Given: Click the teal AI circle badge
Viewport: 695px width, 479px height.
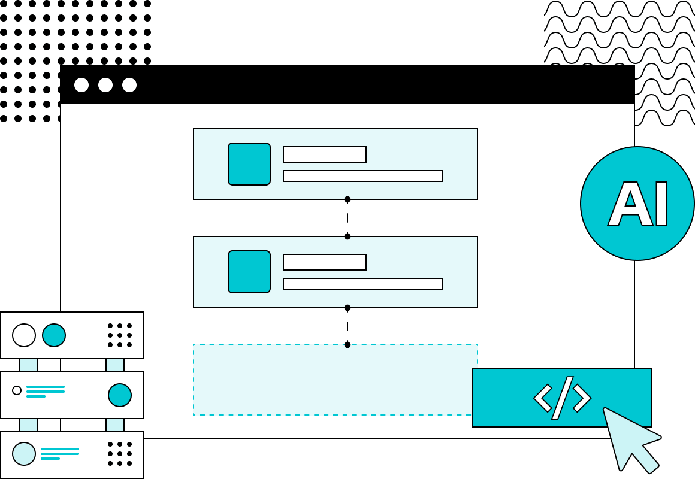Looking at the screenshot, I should pos(637,204).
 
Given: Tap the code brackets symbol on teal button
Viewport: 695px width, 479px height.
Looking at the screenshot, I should pos(562,398).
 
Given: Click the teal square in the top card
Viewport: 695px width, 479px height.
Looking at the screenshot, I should pos(249,164).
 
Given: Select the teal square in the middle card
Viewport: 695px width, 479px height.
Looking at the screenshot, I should pos(249,272).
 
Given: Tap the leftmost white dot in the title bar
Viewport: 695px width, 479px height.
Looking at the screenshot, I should pos(81,85).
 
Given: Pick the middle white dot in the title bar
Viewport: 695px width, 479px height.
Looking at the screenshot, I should pos(105,85).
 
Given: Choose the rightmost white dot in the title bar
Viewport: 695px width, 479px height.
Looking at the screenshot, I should pos(129,85).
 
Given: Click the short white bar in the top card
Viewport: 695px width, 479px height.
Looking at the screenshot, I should pos(325,154).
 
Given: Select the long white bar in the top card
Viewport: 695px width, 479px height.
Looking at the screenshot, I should pos(363,176).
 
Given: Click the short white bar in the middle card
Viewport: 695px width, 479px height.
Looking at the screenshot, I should pos(325,262).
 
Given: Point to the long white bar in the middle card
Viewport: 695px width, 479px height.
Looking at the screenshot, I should pos(363,284).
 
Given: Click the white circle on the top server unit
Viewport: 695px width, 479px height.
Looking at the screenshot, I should pos(24,335).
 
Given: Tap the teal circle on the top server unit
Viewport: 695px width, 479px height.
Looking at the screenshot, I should pos(54,335).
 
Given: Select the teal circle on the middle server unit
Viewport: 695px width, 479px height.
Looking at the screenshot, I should pos(120,395).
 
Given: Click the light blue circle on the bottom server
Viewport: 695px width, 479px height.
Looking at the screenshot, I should pos(24,454).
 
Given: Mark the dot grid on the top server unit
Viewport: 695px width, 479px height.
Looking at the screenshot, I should pos(120,335).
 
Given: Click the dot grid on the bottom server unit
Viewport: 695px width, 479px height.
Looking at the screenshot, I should pos(120,454).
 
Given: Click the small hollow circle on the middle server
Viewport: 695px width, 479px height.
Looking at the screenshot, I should pos(17,390).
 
